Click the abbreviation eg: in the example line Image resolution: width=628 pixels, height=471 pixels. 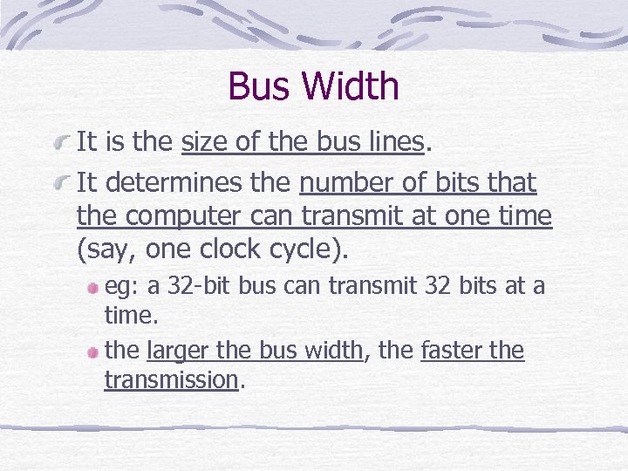click(x=119, y=285)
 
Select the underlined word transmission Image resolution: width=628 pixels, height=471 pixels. click(x=171, y=379)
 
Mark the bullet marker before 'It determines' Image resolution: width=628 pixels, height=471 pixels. click(x=62, y=183)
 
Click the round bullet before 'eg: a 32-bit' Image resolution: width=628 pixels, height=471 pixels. click(x=92, y=286)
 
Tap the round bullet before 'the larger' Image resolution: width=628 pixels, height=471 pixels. click(x=92, y=352)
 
